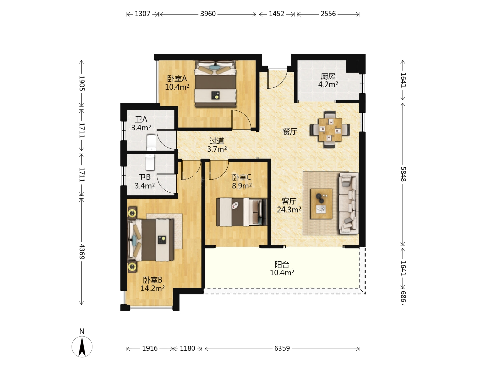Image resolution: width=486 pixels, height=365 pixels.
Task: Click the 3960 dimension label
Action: point(208,14)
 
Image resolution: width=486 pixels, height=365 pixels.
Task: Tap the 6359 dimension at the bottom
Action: point(282,348)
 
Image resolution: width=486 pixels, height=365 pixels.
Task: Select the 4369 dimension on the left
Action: point(82,251)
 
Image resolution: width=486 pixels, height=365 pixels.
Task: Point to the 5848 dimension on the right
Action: point(403,174)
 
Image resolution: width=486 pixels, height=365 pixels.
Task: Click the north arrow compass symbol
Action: point(82,347)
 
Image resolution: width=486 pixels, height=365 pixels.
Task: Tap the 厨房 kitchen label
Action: point(328,76)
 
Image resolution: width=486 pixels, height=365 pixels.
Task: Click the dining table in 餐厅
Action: point(330,129)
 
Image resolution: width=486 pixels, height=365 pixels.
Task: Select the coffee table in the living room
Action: point(321,204)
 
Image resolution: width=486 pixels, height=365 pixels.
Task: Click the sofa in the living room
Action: point(349,203)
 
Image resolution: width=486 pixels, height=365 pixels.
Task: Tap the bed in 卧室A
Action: point(215,84)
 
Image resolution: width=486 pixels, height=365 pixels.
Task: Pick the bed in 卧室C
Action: point(242,212)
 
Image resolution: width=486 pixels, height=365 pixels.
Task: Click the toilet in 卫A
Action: point(152,143)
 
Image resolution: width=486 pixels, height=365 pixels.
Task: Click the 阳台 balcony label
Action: point(282,264)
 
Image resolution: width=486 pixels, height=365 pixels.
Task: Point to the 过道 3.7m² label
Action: point(217,145)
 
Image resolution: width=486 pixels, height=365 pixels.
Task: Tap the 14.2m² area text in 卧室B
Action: point(153,288)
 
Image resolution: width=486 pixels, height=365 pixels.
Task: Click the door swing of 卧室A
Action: point(241,119)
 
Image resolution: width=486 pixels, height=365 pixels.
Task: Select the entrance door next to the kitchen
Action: point(277,78)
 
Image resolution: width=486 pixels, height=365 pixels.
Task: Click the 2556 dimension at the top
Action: point(328,14)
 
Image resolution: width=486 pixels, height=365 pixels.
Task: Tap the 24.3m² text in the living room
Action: point(289,209)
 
